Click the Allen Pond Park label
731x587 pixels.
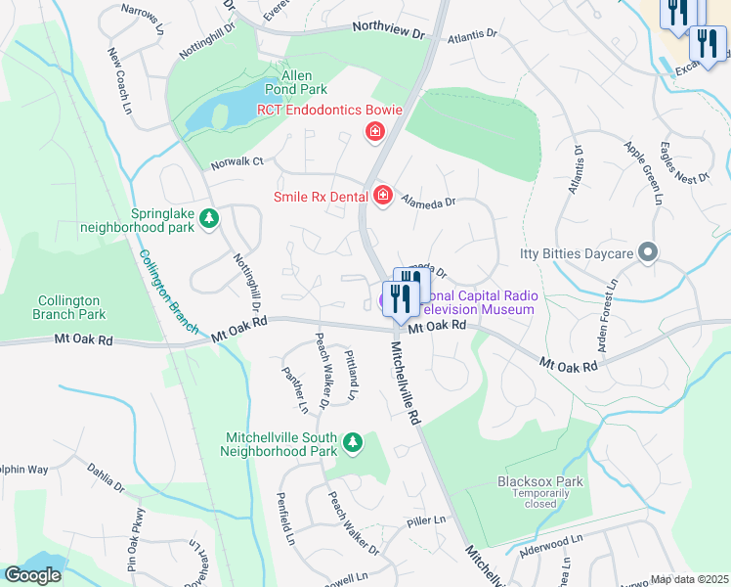[x=282, y=82]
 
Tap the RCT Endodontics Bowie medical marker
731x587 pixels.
[x=373, y=131]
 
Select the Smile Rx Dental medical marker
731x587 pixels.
[x=382, y=197]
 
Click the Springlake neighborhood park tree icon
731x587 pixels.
[x=208, y=218]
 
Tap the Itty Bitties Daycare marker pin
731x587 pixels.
[x=647, y=253]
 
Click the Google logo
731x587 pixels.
[x=32, y=575]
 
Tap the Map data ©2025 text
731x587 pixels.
[x=690, y=579]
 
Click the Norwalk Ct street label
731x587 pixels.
[x=237, y=161]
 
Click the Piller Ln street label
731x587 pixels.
[x=426, y=519]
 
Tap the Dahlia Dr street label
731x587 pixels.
[x=105, y=478]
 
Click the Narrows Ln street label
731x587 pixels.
[x=143, y=19]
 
